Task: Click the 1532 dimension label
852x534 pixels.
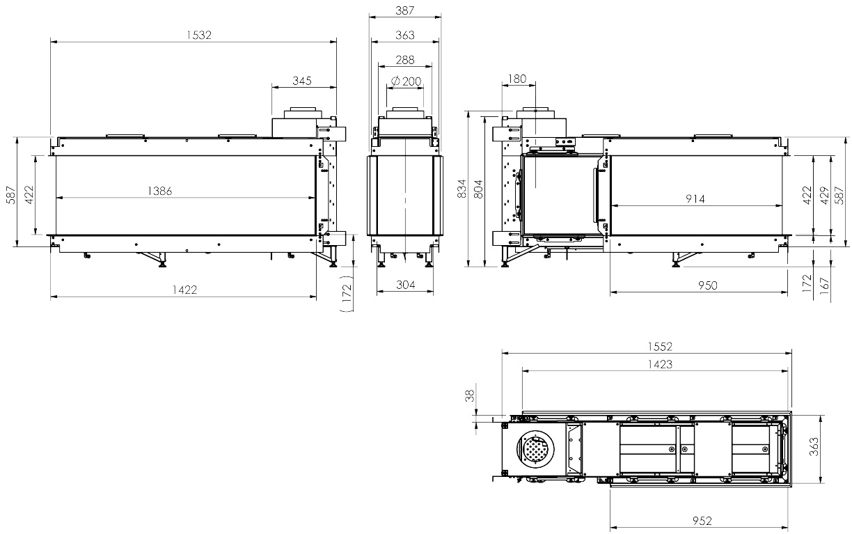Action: (x=199, y=35)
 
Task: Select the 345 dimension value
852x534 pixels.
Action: (x=302, y=81)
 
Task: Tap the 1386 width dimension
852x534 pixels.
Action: (x=160, y=191)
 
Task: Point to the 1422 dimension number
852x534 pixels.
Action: (x=185, y=290)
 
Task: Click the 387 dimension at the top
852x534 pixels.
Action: (x=404, y=10)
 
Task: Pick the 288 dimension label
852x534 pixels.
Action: (x=404, y=60)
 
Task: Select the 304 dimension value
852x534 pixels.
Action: (x=405, y=285)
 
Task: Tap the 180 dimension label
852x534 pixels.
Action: (x=517, y=79)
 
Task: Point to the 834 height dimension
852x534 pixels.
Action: (x=461, y=189)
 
